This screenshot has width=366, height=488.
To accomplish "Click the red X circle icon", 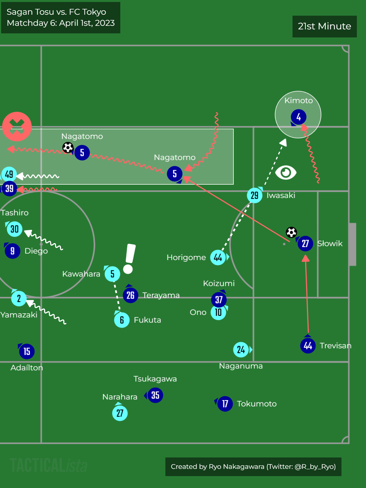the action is click(17, 126).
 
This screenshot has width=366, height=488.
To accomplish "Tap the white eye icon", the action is click(286, 172).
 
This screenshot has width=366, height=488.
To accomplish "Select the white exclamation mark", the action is click(129, 259).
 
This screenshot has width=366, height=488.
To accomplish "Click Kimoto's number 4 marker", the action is click(299, 117).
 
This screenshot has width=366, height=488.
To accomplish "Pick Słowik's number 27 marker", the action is click(305, 243).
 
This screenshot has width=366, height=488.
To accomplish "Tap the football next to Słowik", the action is click(291, 232).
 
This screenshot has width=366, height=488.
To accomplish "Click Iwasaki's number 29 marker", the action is click(255, 195).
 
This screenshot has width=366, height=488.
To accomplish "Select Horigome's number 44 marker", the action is click(218, 258).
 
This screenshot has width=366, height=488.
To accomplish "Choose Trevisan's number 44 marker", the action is click(308, 346).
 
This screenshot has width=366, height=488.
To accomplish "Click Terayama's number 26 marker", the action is click(131, 295).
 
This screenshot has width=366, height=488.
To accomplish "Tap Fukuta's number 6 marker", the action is click(122, 320).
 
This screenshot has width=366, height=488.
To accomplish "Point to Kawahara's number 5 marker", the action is click(112, 274).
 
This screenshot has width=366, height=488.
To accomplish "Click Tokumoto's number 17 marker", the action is click(225, 404).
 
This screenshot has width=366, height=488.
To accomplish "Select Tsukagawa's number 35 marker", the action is click(155, 395).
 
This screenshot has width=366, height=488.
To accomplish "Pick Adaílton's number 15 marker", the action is click(27, 351).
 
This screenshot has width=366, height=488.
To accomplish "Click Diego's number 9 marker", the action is click(12, 251).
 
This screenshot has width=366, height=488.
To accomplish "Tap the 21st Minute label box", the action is click(324, 26).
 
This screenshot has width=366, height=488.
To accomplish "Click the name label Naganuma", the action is click(241, 366).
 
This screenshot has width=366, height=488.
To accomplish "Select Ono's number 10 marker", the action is click(218, 312).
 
